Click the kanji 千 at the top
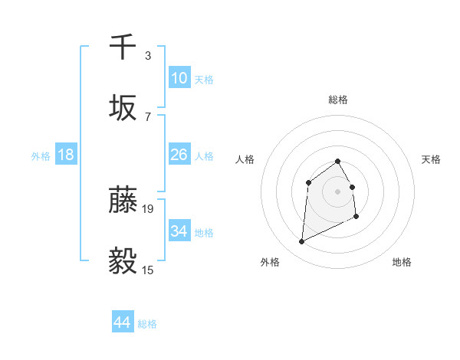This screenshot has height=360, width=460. (x=123, y=47)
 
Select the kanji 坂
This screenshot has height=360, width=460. (x=123, y=108)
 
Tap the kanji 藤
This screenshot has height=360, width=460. (x=123, y=200)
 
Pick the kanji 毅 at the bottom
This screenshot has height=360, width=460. (x=123, y=261)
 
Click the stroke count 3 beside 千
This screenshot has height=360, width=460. (x=148, y=56)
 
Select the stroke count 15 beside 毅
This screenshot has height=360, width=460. (x=149, y=270)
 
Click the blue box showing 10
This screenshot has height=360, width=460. (x=179, y=77)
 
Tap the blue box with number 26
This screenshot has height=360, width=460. (x=179, y=154)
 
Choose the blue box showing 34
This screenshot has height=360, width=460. (x=179, y=231)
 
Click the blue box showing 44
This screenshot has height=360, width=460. (x=123, y=322)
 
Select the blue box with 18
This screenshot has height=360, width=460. (x=66, y=154)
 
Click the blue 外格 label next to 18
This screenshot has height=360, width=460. (x=41, y=155)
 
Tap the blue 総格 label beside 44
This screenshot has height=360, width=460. (x=147, y=324)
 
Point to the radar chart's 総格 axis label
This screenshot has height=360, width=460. (x=338, y=100)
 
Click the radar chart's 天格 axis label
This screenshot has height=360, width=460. (x=432, y=159)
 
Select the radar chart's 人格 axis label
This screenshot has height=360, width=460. (x=245, y=159)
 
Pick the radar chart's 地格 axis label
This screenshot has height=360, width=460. (x=402, y=262)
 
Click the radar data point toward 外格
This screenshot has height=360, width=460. (x=301, y=242)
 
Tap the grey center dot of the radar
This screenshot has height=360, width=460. (x=338, y=191)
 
